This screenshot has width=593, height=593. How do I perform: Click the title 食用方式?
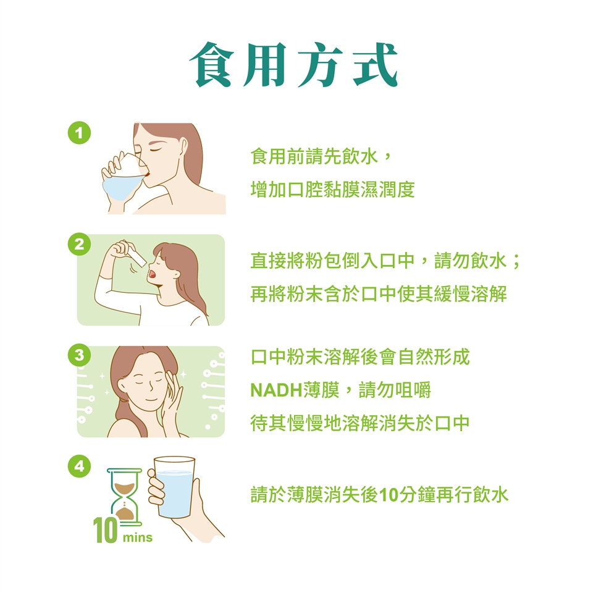coord(293,65)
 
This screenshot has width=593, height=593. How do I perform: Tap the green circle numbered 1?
coord(80,133)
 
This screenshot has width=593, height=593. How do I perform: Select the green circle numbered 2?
coord(80,245)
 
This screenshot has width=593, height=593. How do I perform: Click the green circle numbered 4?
coord(80,466)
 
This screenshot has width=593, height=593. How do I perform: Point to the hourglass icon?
coord(124,497)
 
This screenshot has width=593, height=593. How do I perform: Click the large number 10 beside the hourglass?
coord(105,530)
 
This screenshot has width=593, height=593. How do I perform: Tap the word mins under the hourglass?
coord(137,537)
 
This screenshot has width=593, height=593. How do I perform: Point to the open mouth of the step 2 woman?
coord(152,273)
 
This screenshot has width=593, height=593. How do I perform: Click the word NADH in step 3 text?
coord(277,390)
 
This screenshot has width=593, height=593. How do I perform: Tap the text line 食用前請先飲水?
coord(314,156)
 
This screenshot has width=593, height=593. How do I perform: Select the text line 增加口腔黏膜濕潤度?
coord(333,190)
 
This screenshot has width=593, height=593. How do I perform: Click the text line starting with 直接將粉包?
coord(385,261)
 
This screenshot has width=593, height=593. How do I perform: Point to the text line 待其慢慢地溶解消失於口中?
coord(360,423)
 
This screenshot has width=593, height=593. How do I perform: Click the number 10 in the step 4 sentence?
coord(389,495)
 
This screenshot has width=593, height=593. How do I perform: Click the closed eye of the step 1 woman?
coord(156,150)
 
